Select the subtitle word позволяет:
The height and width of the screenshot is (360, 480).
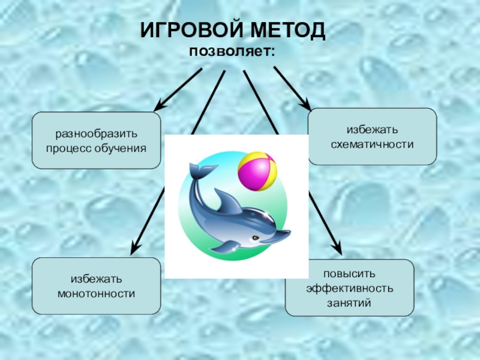coord(232,52)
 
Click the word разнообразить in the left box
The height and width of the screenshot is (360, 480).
coord(96,133)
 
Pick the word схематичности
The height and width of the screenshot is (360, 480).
coord(372,145)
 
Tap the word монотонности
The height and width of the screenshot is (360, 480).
coord(96,293)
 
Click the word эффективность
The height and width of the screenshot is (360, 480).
coord(349,289)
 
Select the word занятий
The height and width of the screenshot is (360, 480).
coord(349,303)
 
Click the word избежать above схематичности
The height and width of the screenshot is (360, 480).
coord(372,130)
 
